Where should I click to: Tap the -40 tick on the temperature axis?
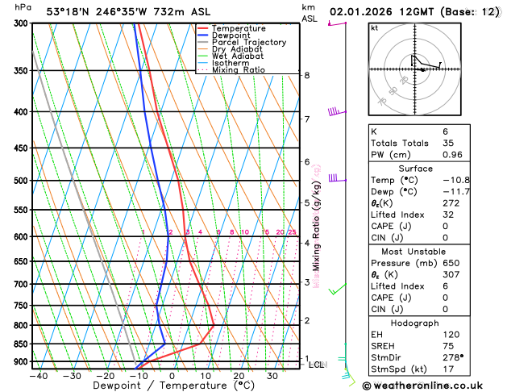tap(36, 375)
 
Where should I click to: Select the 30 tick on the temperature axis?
tap(272, 375)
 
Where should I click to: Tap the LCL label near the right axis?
tap(317, 365)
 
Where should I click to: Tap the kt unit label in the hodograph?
tap(374, 27)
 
